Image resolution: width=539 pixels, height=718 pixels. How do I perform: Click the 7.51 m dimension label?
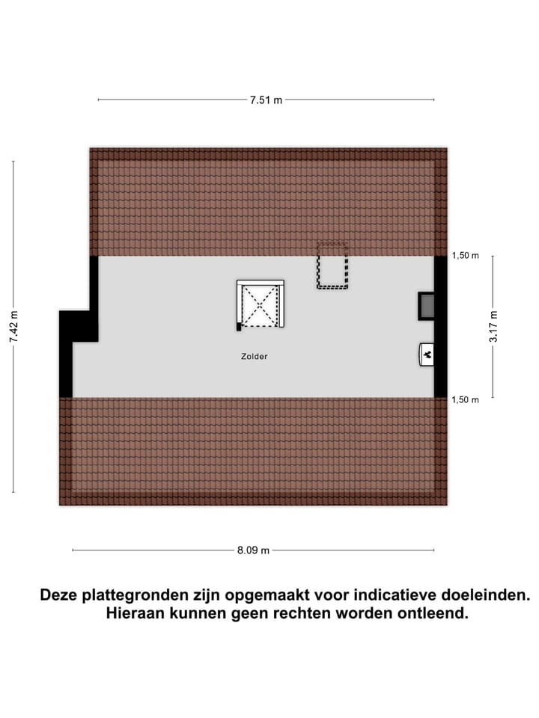tap(266, 99)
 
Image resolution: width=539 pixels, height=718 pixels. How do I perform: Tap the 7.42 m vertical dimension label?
tap(13, 327)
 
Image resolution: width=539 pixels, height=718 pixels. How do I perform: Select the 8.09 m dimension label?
tap(253, 551)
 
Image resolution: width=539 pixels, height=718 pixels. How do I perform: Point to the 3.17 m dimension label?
tap(493, 327)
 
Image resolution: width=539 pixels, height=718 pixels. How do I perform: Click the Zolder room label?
tap(255, 357)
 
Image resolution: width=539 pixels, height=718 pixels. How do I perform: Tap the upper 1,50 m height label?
tap(465, 256)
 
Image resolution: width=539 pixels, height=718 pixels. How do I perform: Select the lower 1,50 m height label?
tap(465, 399)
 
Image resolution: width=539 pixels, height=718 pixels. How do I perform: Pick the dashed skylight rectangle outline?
tap(332, 266)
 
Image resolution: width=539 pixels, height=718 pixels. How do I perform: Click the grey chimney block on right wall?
tap(427, 305)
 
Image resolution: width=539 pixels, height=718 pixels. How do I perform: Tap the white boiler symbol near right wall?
tap(427, 355)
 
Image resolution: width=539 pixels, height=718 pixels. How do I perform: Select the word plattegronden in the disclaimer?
tap(132, 596)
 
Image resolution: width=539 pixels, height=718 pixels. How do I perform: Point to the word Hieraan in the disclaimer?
tap(135, 614)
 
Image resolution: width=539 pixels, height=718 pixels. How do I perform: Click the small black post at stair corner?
tap(239, 326)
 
